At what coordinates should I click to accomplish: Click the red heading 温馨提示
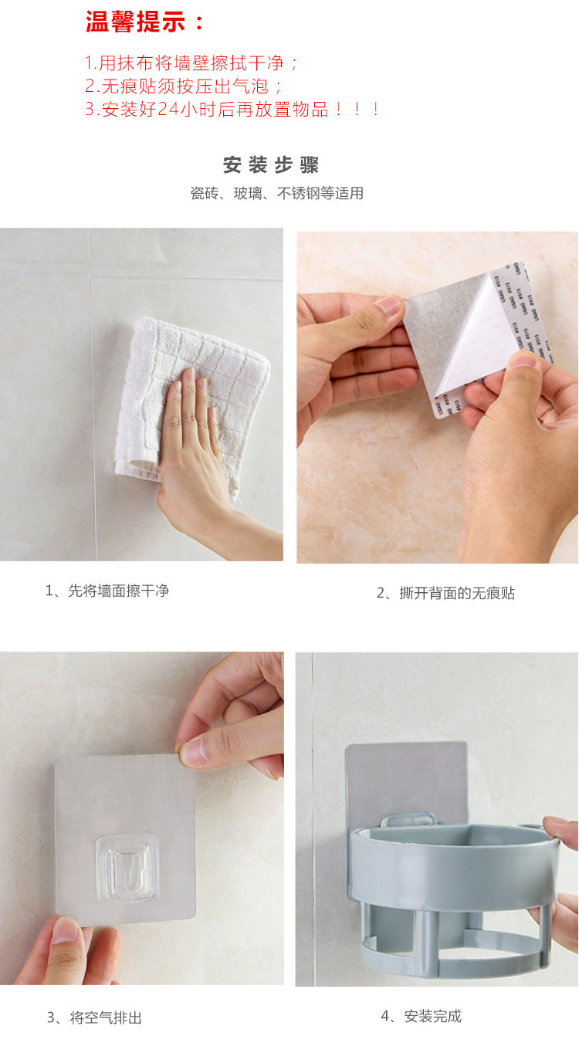pos(145,22)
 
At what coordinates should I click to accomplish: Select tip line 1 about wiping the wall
pos(191,63)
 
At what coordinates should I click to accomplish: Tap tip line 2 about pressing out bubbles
pos(184,86)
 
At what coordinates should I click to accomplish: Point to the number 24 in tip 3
pos(168,110)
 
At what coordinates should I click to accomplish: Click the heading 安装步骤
pos(271,165)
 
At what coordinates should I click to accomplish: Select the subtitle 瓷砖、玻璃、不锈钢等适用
pos(276,193)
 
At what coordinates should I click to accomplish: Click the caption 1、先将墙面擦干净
pos(107,591)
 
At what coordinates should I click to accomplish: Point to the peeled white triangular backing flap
pos(478,340)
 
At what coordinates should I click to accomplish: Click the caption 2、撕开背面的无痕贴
pos(445,593)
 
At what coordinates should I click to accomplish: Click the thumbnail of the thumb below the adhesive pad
pos(66,933)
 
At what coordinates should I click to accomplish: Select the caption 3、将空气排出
pos(94,1018)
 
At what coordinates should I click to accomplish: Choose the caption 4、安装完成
pos(421,1016)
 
